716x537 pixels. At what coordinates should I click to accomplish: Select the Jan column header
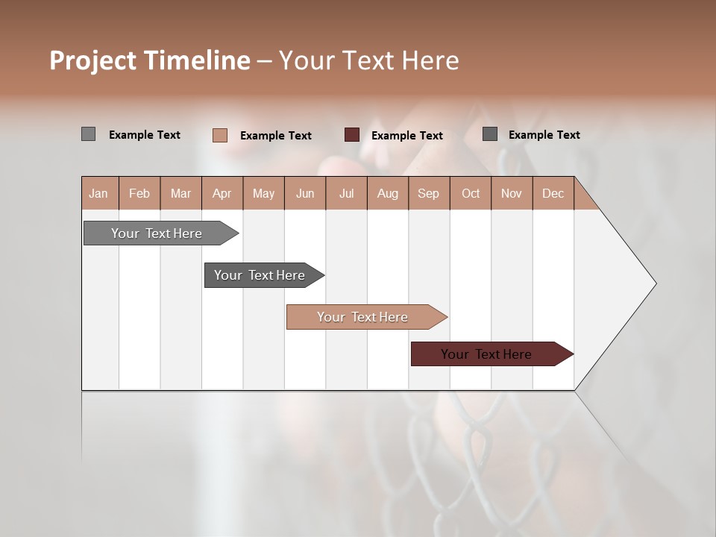point(98,194)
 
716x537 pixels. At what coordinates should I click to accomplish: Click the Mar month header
point(180,194)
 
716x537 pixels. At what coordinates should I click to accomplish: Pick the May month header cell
point(263,194)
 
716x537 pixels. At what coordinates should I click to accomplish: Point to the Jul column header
point(346,194)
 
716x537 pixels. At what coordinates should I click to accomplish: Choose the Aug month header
point(387,194)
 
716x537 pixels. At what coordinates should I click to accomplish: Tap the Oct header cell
point(471,194)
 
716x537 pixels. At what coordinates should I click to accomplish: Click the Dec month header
point(553,194)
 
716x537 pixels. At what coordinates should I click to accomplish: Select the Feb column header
point(139,194)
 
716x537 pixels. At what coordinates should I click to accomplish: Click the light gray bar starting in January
point(157,233)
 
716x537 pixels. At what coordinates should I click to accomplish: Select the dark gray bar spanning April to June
point(260,275)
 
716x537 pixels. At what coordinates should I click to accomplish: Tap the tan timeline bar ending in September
point(362,317)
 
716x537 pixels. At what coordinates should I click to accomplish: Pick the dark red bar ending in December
point(486,354)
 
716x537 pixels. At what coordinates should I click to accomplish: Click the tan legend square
point(219,135)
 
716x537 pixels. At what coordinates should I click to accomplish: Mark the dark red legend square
point(352,135)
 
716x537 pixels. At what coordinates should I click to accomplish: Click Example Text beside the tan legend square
point(275,136)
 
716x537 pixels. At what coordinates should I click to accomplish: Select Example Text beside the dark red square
point(406,136)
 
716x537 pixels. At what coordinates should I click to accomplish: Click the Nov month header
point(512,194)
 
